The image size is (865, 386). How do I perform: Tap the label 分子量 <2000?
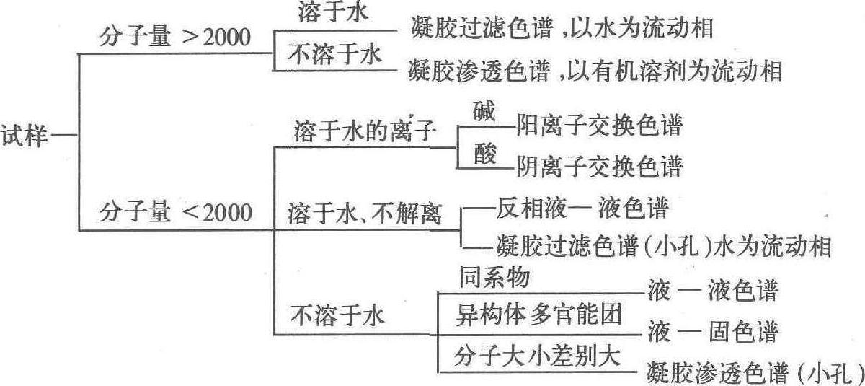175,213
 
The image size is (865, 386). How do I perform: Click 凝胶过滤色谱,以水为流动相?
562,30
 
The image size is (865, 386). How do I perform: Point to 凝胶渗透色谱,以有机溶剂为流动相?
595,71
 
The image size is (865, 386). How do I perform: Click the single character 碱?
484,111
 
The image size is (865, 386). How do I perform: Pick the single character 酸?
485,154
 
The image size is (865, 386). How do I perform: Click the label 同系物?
494,278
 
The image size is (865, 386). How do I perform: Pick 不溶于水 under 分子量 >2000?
335,56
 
